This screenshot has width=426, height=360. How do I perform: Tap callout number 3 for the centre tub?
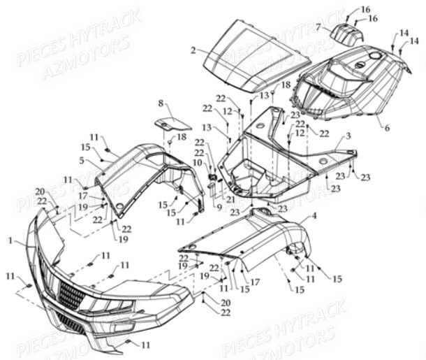(x=347, y=136)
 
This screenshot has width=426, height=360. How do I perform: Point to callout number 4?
(x=314, y=216)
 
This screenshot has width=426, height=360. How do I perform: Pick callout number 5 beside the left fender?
(x=82, y=161)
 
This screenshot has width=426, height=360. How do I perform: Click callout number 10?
(x=197, y=163)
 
